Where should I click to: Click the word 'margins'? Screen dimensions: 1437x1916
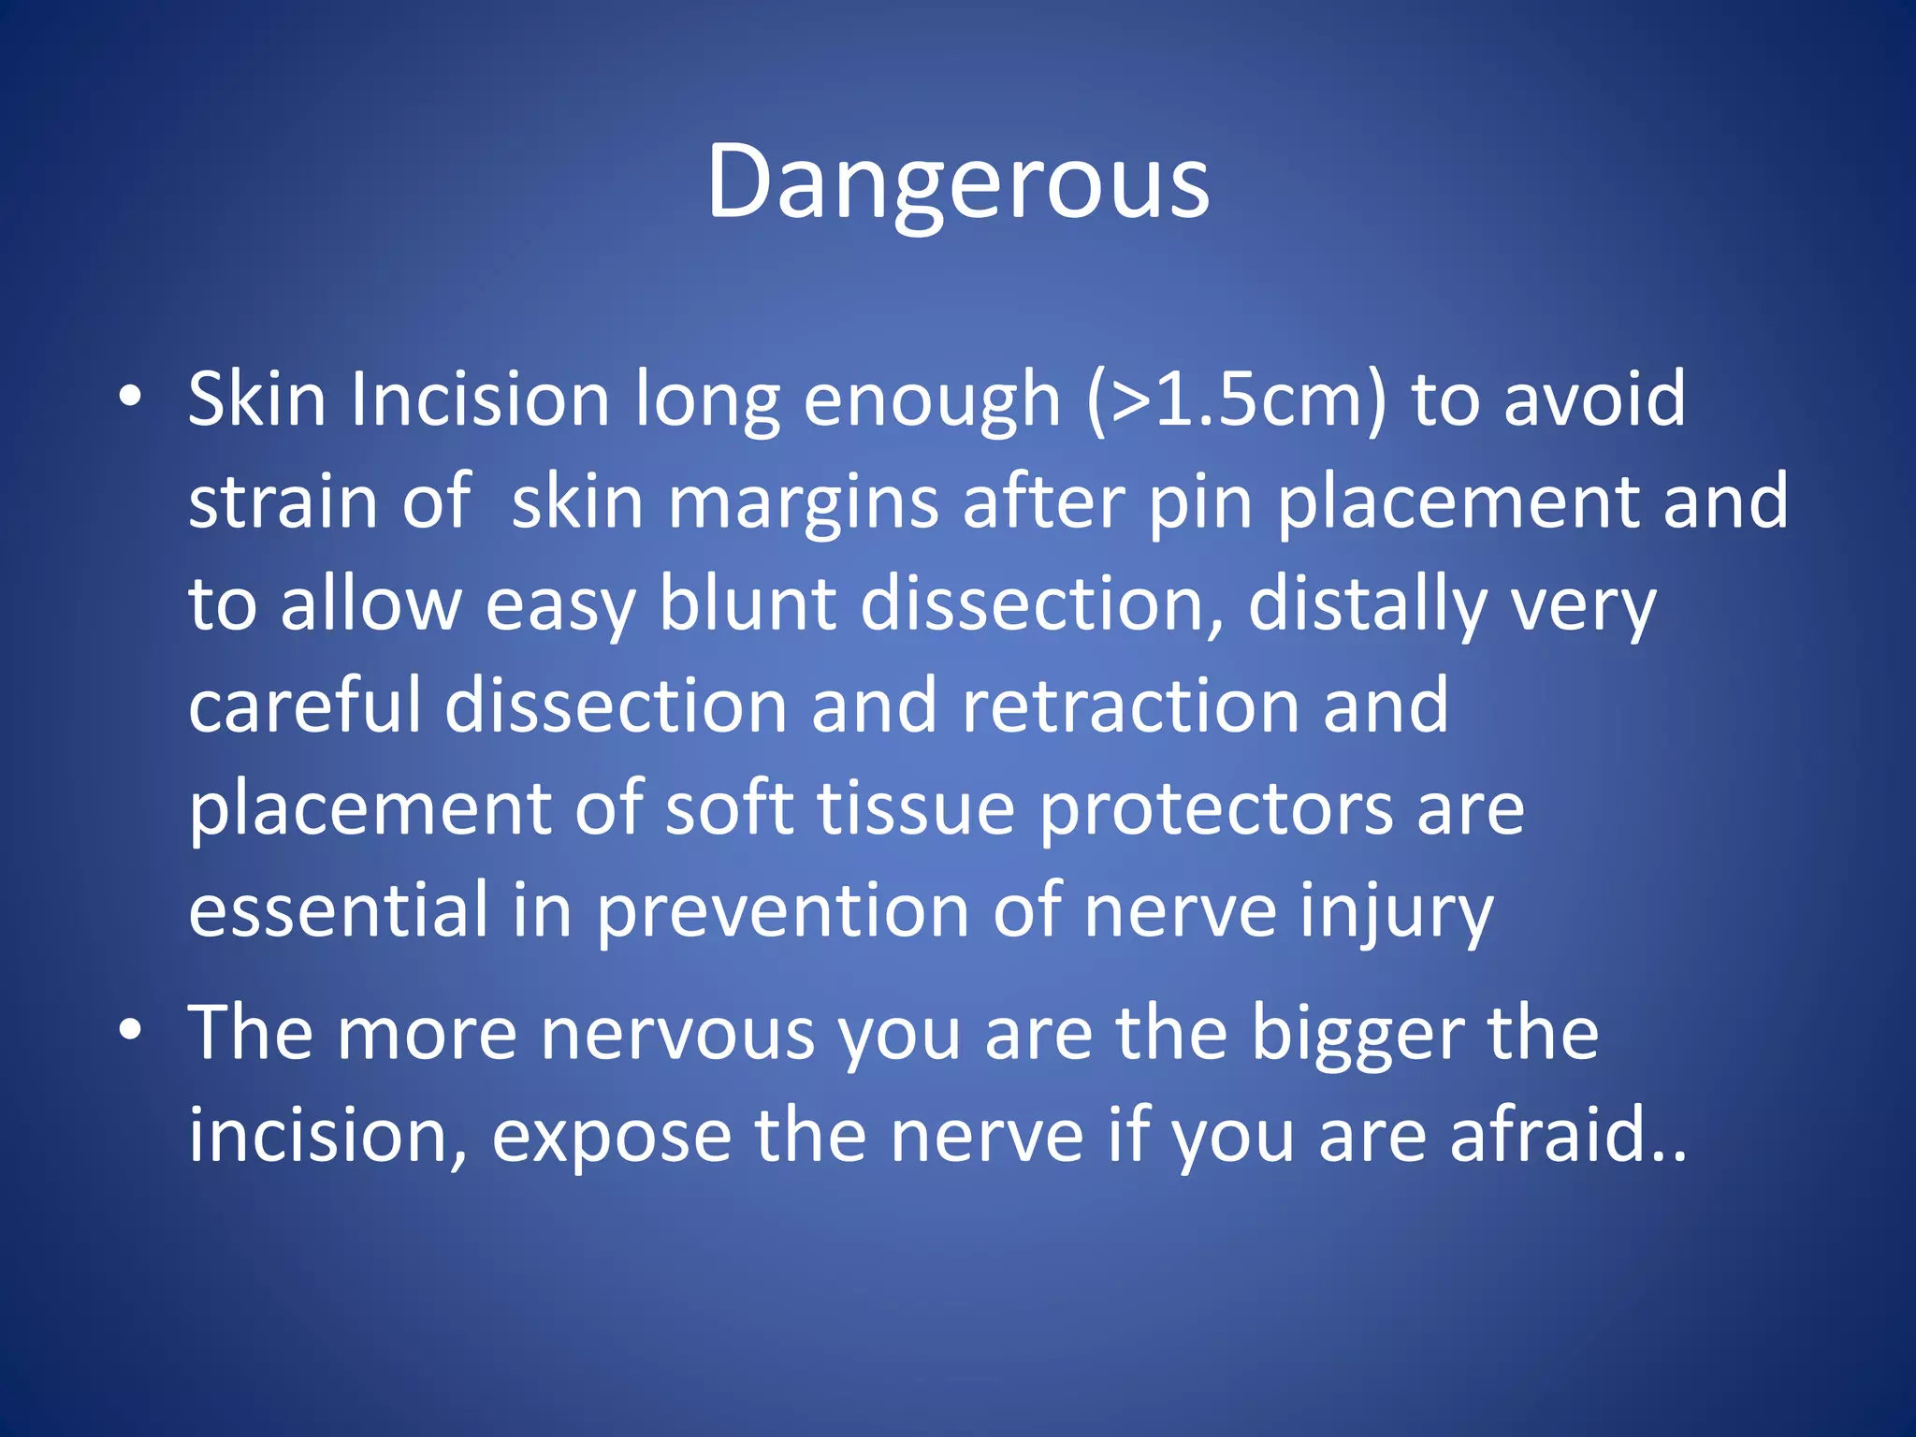803,502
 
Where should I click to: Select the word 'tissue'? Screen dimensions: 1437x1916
916,808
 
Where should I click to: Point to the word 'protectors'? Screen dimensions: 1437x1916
1216,808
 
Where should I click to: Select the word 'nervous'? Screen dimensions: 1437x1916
677,1035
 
